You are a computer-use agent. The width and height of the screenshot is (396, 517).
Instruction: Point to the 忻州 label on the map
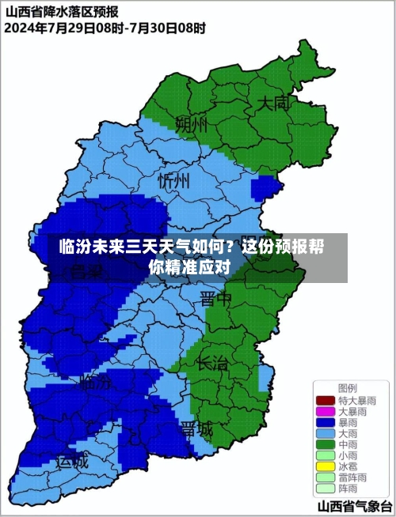174,180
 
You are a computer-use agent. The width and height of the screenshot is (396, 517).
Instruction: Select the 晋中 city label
215,298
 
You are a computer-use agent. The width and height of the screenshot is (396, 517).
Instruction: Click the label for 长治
211,364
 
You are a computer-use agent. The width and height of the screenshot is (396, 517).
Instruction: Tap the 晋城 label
196,428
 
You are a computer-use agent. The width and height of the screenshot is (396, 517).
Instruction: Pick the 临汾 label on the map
95,383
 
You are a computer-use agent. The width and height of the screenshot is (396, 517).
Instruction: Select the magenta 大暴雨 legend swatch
325,412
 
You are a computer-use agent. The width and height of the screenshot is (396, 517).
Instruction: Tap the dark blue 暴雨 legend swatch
325,423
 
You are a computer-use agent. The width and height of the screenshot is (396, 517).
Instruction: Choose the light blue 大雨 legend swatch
325,434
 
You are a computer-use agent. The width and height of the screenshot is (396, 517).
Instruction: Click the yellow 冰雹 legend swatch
325,467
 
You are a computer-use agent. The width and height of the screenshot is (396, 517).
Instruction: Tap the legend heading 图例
347,388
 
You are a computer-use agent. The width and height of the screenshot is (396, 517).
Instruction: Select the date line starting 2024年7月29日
105,28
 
